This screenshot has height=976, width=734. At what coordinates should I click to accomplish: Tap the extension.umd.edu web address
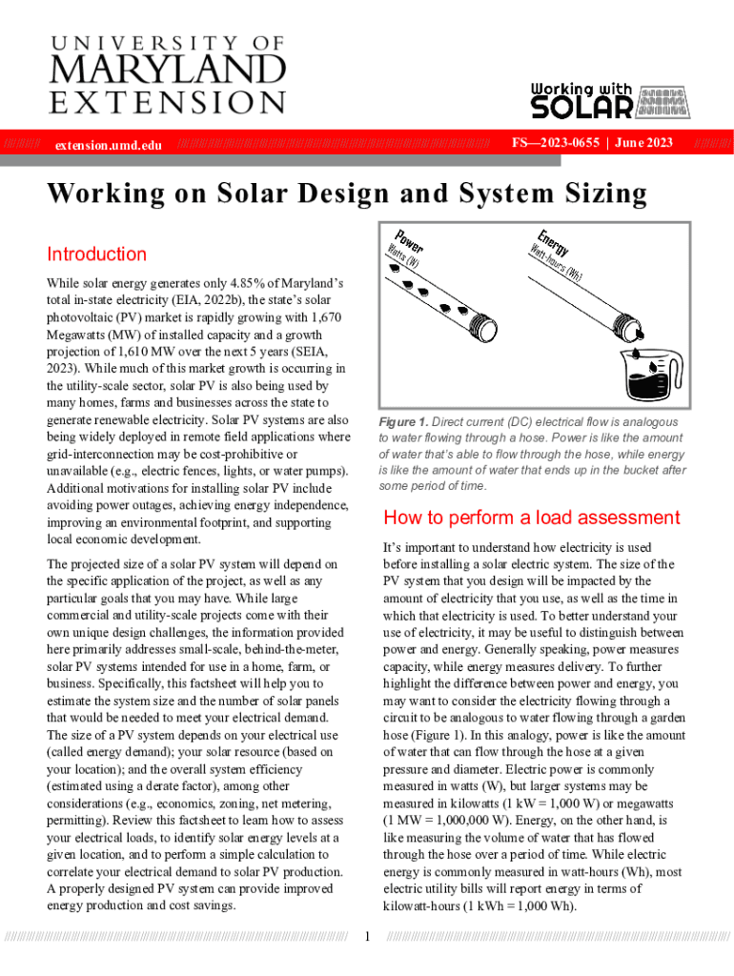108,145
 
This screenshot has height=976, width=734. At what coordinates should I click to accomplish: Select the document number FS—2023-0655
555,143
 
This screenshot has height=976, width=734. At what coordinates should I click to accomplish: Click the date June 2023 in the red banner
644,143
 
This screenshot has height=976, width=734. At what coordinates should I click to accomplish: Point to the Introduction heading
96,254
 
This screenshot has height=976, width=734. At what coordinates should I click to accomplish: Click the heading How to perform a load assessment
531,518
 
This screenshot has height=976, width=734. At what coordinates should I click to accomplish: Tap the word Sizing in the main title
596,194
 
